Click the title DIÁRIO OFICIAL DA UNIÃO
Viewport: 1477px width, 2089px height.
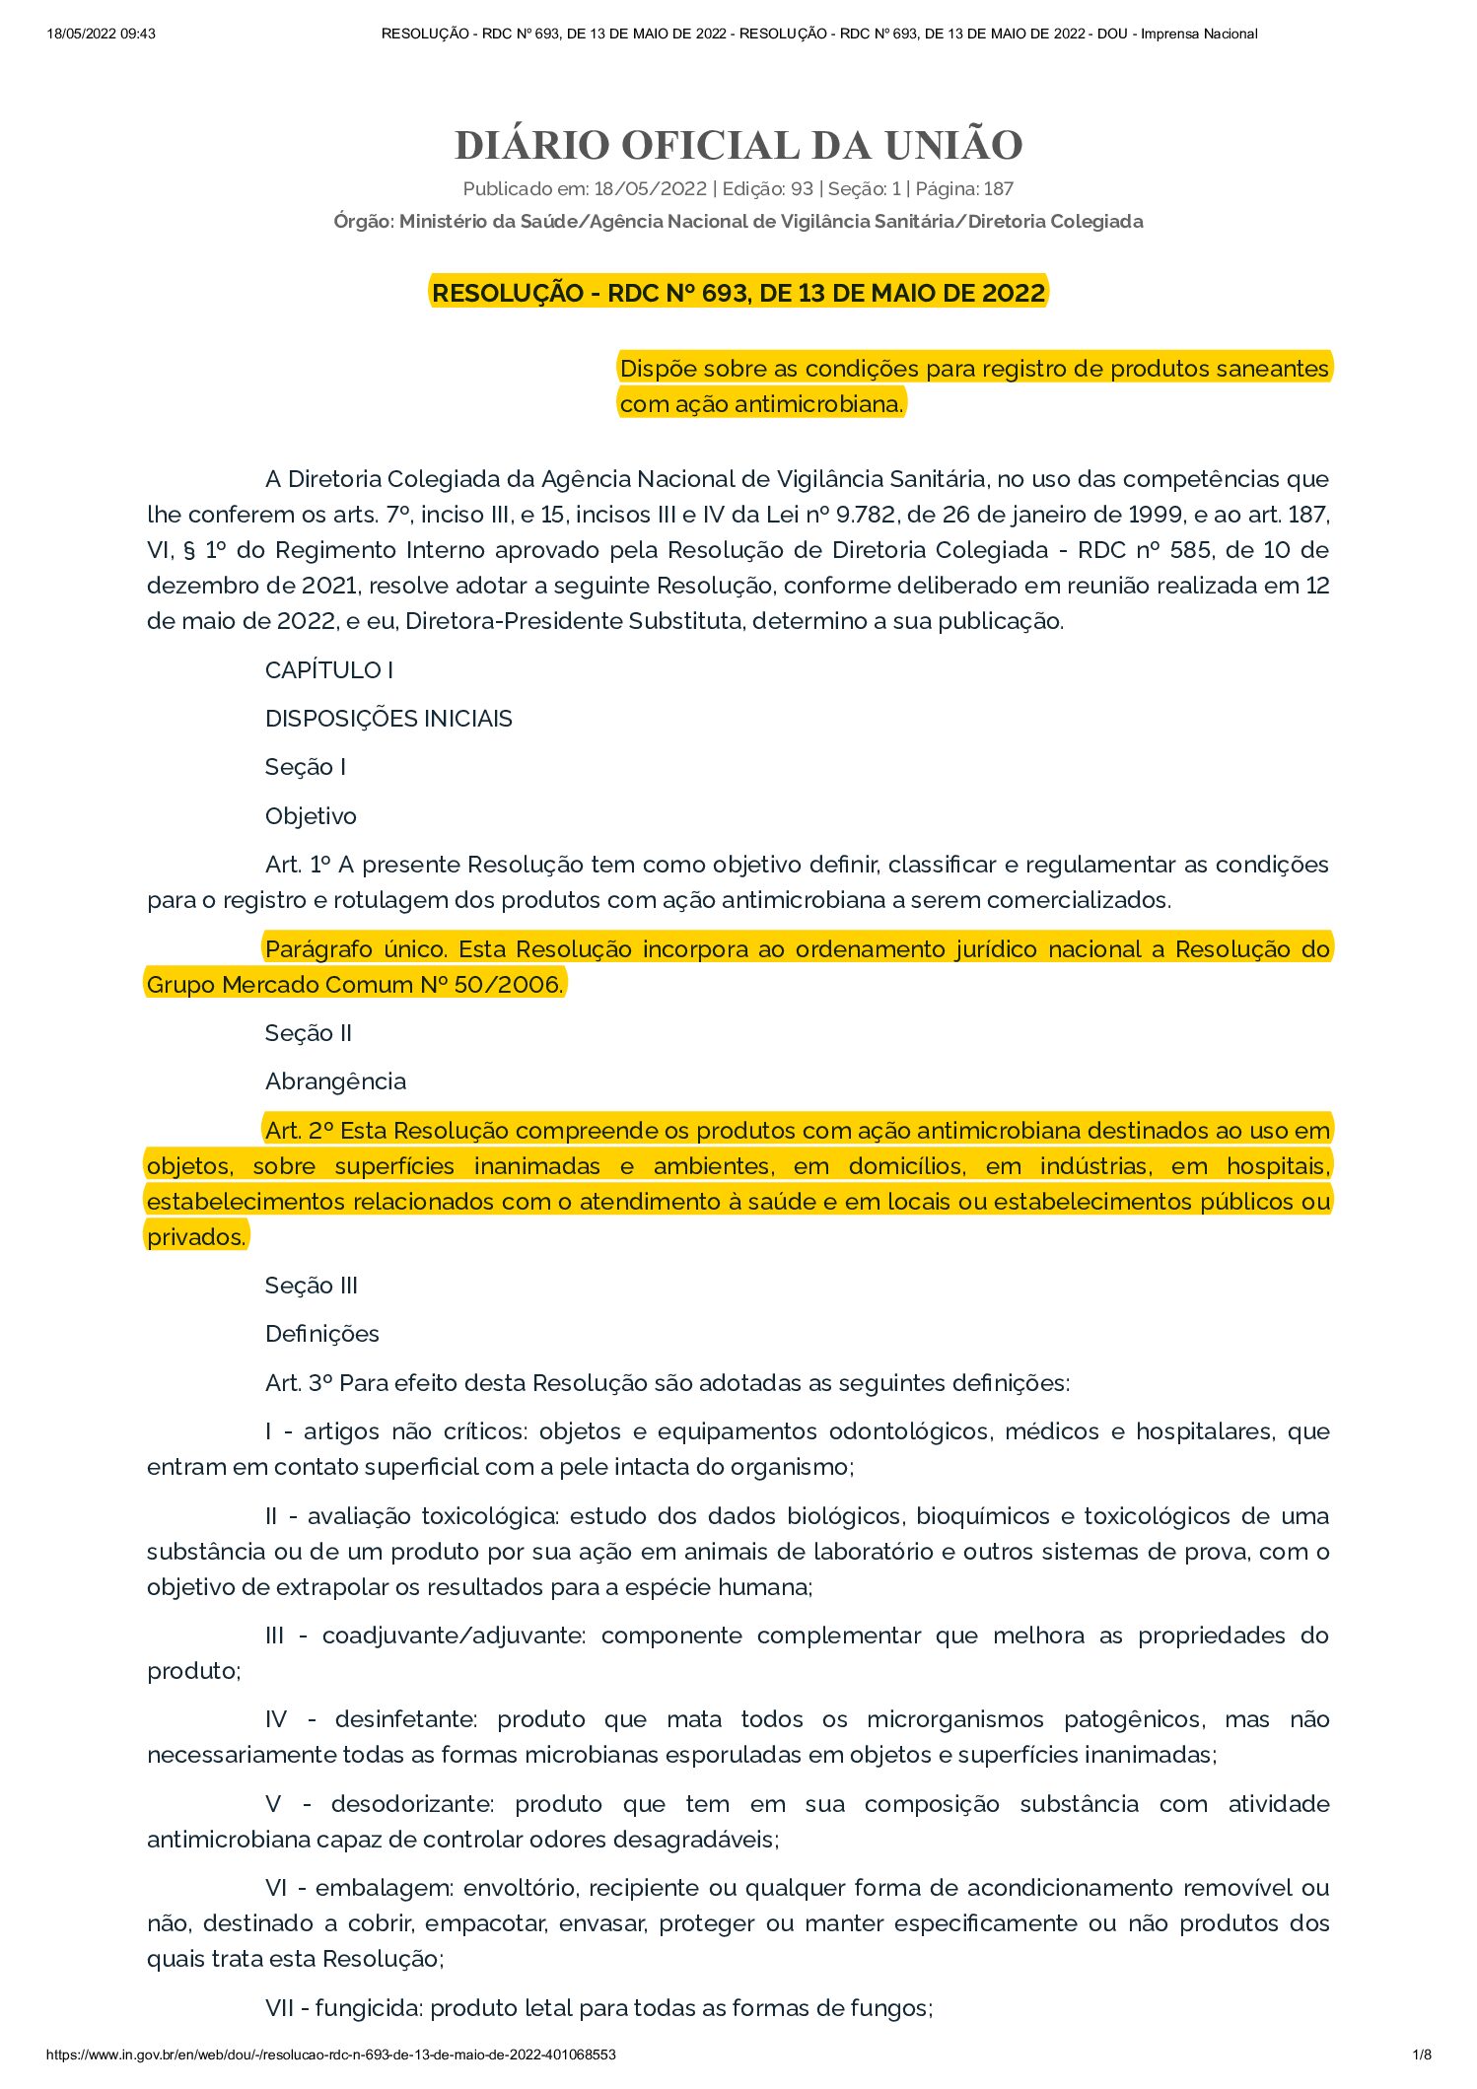point(738,145)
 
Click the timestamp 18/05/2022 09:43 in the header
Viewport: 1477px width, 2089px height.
point(101,34)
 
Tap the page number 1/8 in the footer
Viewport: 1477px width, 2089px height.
point(1421,2054)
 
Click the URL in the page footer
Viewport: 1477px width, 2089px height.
point(331,2054)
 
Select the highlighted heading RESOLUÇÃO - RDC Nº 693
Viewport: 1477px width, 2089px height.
point(738,293)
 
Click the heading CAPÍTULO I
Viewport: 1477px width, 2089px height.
point(329,670)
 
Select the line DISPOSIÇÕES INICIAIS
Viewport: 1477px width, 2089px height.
point(388,719)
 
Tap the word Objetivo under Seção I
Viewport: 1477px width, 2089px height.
point(311,816)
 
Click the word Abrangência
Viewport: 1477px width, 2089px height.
point(335,1081)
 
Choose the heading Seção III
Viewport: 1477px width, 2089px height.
point(311,1286)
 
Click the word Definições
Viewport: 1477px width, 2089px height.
point(322,1334)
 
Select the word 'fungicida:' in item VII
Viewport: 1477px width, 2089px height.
point(369,2008)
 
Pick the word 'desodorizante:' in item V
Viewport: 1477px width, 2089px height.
point(413,1804)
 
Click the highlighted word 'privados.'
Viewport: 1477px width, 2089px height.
point(196,1237)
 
